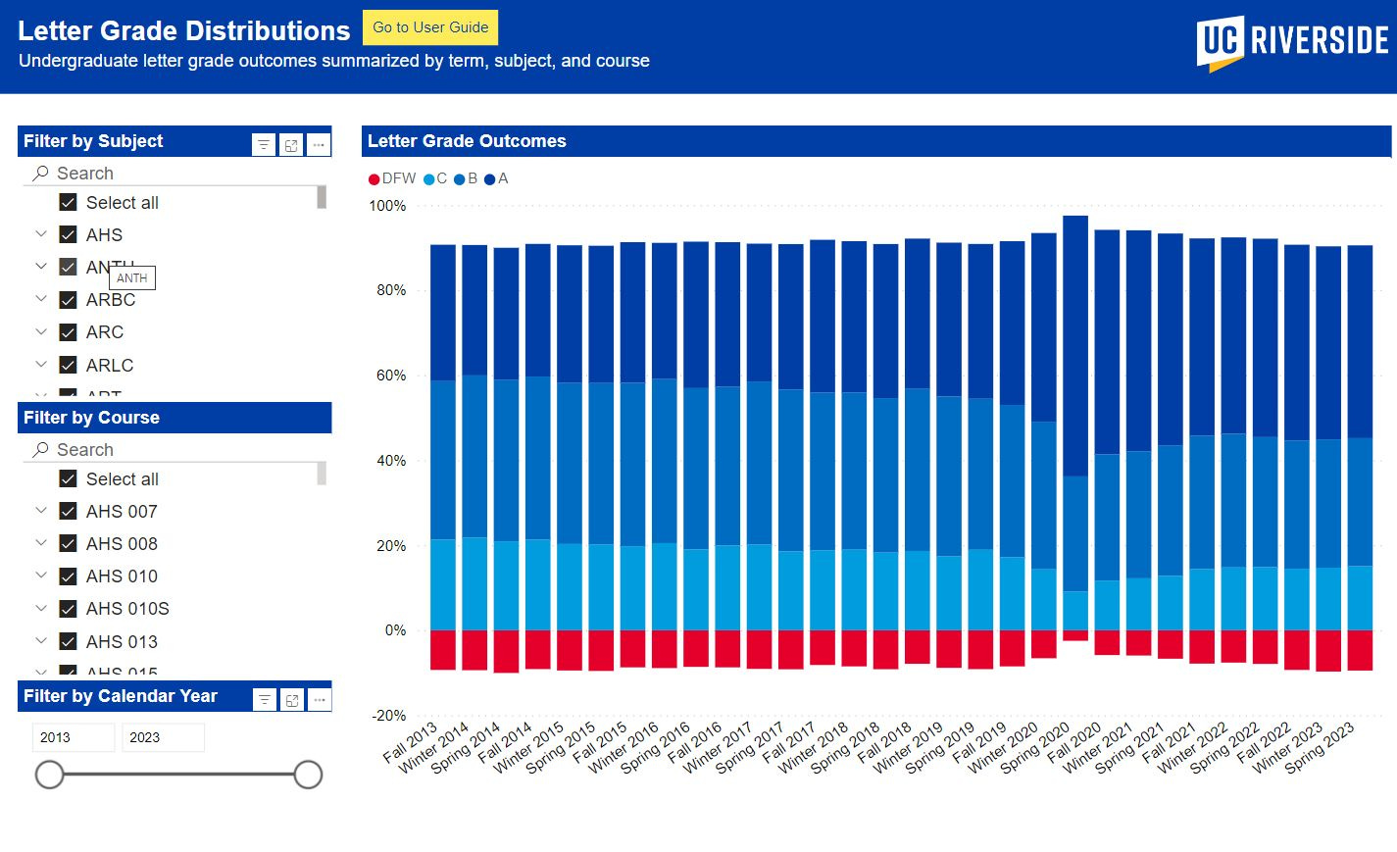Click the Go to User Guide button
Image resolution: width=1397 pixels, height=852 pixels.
click(430, 27)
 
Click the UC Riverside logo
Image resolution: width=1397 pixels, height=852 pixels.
click(1291, 42)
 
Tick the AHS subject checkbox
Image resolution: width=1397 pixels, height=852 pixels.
click(69, 235)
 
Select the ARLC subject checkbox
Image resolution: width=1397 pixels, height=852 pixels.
click(69, 366)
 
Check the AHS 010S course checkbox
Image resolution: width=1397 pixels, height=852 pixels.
click(69, 609)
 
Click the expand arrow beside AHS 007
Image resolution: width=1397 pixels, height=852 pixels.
click(41, 511)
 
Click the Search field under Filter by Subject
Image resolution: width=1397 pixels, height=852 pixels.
click(176, 174)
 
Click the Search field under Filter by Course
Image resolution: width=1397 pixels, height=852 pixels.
click(176, 450)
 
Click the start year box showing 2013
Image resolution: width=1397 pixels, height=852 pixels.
click(74, 737)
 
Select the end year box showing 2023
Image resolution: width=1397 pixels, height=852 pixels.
click(163, 737)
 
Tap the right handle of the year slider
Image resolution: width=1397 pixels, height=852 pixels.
click(308, 775)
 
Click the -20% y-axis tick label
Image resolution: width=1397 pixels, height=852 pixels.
click(389, 716)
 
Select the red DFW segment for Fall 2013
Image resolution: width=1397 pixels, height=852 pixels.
click(443, 649)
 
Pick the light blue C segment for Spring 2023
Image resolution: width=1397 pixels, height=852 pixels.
click(1360, 597)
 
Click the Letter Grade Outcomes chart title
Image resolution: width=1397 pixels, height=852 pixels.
click(467, 141)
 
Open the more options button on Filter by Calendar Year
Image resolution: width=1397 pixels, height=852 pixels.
click(319, 699)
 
